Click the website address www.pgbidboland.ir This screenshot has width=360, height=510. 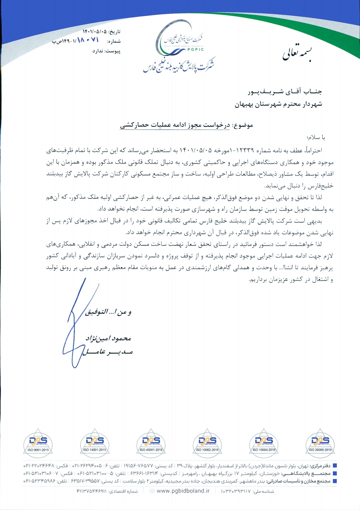pyautogui.click(x=183, y=491)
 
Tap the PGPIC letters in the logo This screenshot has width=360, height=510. pyautogui.click(x=195, y=50)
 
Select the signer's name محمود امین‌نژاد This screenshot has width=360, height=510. pyautogui.click(x=108, y=338)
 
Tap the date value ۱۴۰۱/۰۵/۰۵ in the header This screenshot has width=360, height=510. pyautogui.click(x=94, y=32)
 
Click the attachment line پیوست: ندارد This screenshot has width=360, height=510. pyautogui.click(x=106, y=51)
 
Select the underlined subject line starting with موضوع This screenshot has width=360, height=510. pyautogui.click(x=186, y=125)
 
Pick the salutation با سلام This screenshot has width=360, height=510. pyautogui.click(x=316, y=138)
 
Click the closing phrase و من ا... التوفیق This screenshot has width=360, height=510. pyautogui.click(x=108, y=312)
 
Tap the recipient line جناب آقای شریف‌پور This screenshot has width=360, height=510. pyautogui.click(x=285, y=92)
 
